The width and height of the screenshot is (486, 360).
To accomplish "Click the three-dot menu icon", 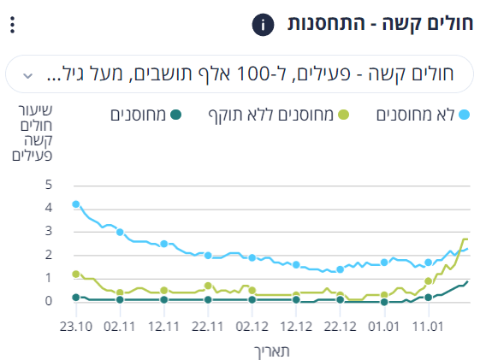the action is click(12, 25).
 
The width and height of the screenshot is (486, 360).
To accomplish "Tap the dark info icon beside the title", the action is click(263, 25).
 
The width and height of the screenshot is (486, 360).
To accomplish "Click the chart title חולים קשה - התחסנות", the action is click(380, 24).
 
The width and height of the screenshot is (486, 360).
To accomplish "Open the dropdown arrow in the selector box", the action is click(28, 75).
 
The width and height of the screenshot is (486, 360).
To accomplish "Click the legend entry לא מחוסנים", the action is click(423, 115).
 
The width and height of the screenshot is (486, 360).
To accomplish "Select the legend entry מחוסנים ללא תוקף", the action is click(279, 115).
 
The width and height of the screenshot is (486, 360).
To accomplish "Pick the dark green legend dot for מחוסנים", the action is click(175, 115).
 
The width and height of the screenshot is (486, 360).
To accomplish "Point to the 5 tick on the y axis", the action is click(49, 185).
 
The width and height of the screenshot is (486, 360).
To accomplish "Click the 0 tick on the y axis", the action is click(49, 301).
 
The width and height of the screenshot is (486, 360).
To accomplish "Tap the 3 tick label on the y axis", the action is click(49, 231).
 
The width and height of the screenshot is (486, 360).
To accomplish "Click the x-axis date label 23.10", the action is click(76, 327).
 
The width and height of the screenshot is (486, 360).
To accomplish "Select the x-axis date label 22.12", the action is click(340, 327).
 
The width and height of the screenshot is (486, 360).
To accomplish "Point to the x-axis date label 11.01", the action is click(428, 327).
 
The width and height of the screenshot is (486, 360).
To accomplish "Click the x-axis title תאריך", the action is click(272, 351).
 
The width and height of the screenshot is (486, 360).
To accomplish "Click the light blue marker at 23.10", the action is click(76, 204).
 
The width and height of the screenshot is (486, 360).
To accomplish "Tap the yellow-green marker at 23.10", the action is click(76, 274).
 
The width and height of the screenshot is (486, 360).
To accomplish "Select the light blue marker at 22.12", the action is click(340, 269).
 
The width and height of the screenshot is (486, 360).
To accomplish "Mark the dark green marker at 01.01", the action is click(384, 302).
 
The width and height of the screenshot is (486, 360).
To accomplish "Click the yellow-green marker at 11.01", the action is click(429, 281).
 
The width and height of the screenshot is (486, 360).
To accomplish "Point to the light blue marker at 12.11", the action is click(164, 244).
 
